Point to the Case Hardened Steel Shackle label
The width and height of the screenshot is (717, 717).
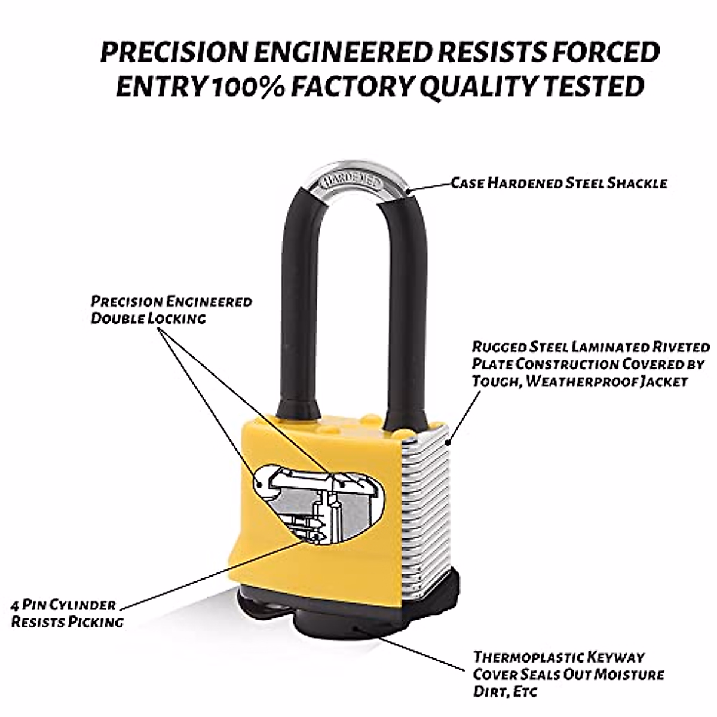558,183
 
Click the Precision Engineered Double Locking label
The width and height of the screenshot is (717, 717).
171,310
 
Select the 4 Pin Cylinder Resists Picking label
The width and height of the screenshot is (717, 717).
67,614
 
